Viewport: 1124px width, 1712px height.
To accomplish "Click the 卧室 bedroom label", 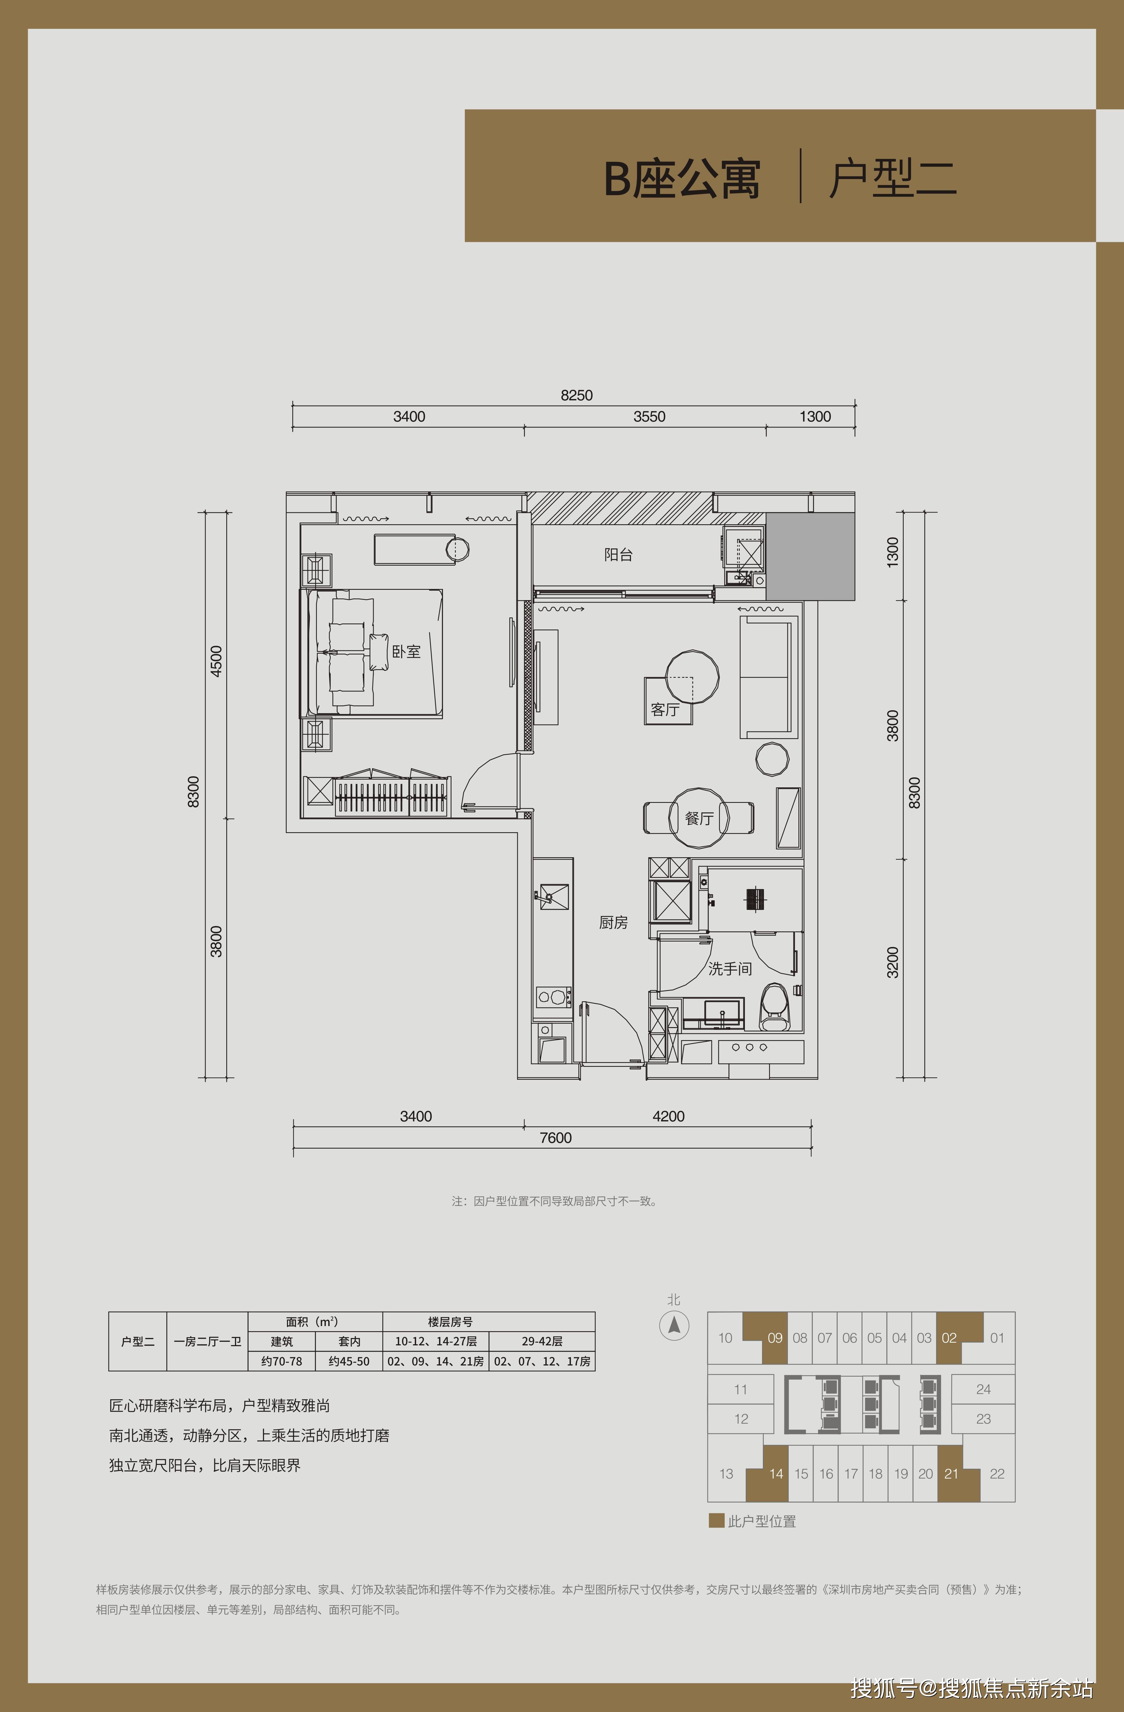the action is (x=406, y=652).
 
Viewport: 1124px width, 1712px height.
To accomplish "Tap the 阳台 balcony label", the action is (x=618, y=555).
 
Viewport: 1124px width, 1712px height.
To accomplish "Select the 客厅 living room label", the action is (x=665, y=710).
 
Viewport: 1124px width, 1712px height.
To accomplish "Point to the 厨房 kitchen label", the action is (x=613, y=922).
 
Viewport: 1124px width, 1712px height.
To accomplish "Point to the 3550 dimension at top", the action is (x=649, y=416).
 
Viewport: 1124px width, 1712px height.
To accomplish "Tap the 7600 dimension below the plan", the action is (x=556, y=1138).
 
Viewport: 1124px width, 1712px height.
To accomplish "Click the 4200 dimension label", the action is (x=668, y=1117).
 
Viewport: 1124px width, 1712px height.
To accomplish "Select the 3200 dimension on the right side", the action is (x=892, y=962).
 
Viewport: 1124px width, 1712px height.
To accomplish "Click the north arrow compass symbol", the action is (x=674, y=1326).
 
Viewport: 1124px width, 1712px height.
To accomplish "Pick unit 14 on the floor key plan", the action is (x=776, y=1474).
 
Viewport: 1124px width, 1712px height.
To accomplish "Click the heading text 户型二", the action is (x=892, y=178).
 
